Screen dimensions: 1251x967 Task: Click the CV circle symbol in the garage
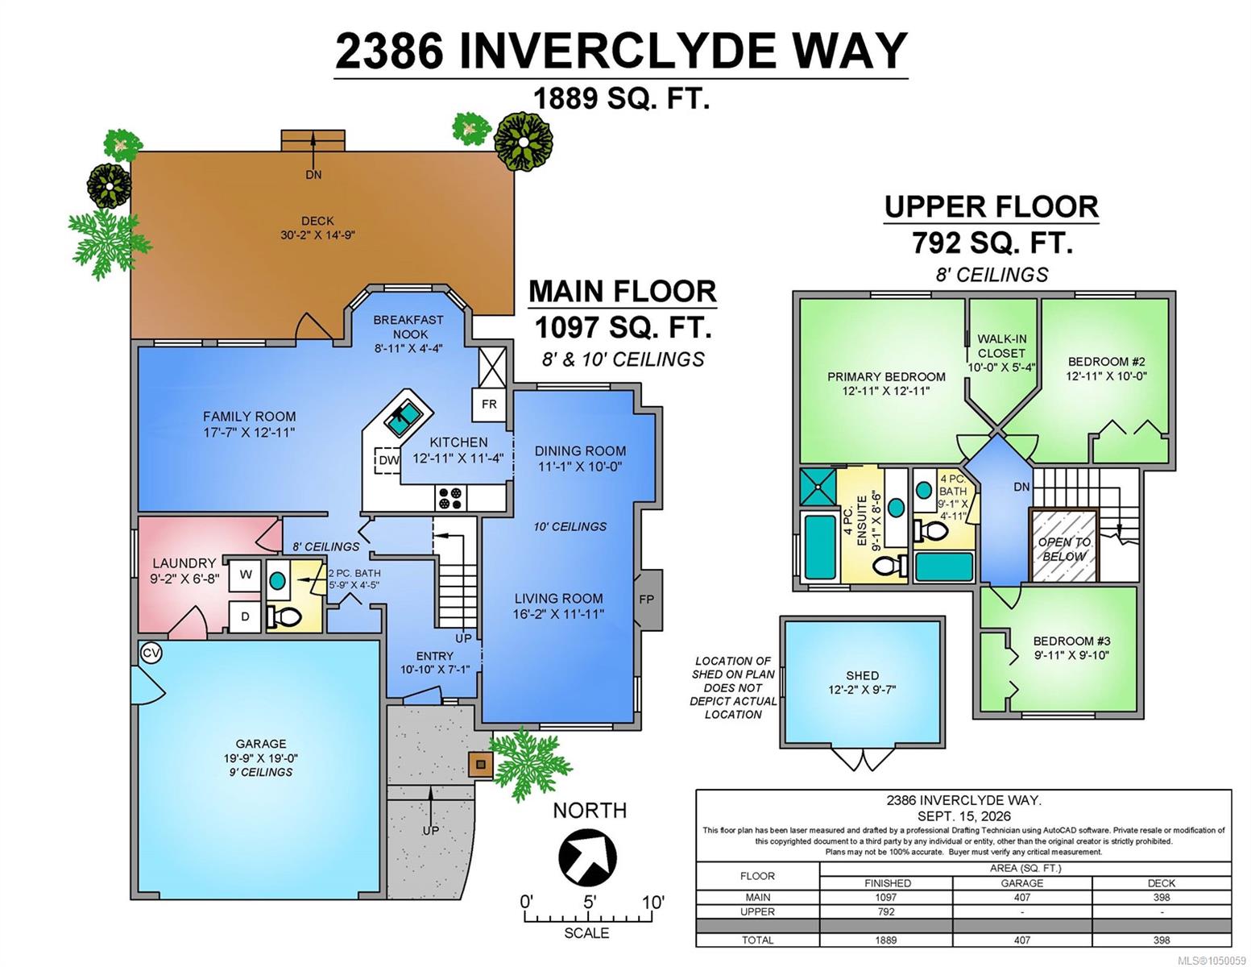[x=151, y=653]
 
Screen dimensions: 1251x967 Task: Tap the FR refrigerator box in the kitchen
[x=489, y=405]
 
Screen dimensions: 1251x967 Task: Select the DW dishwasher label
[x=389, y=460]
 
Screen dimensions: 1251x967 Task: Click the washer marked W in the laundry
[x=245, y=575]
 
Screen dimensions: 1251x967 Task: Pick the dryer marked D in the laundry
[x=245, y=616]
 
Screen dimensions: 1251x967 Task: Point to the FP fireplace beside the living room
[x=647, y=599]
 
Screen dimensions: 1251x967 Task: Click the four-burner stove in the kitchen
[x=450, y=498]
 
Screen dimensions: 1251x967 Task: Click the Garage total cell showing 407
[x=1022, y=940]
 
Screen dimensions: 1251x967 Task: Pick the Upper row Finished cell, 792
[x=886, y=911]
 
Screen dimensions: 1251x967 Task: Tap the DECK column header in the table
[x=1162, y=883]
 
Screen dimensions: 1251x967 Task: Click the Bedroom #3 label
[x=1071, y=641]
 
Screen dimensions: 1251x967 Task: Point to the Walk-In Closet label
[x=1002, y=347]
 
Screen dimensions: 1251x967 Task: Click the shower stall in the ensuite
[x=818, y=488]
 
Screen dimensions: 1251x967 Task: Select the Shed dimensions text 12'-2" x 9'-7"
[x=863, y=690]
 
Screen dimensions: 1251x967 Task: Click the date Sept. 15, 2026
[x=963, y=816]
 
